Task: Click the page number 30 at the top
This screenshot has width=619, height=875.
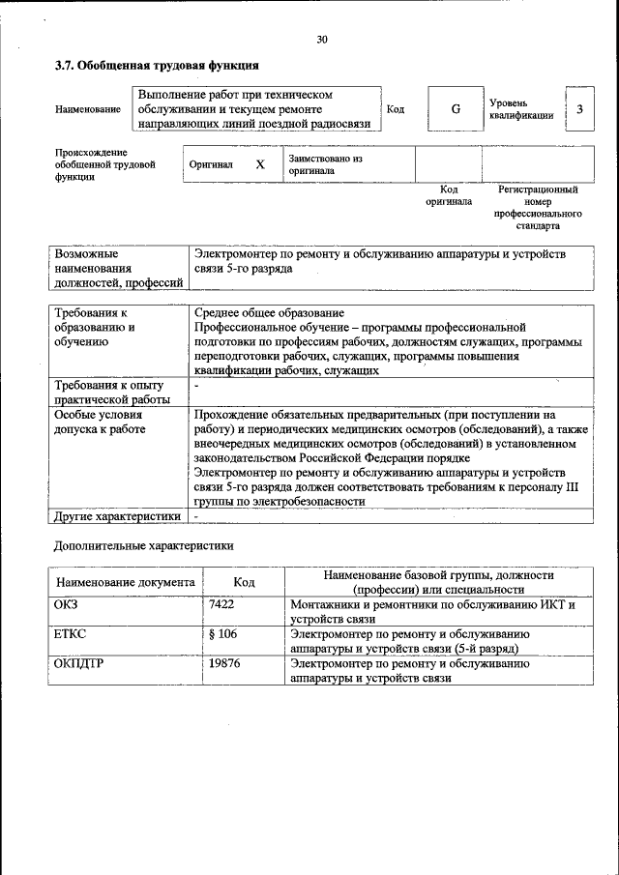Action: click(x=322, y=40)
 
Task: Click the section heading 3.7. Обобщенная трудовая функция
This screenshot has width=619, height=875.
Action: click(x=156, y=66)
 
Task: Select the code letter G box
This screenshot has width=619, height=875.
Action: click(x=455, y=109)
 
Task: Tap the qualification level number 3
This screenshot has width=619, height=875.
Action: click(x=578, y=109)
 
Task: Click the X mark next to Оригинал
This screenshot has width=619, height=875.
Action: click(x=259, y=164)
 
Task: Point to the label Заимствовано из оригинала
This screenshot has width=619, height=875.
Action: click(x=324, y=164)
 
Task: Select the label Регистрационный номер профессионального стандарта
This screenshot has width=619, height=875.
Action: click(x=537, y=208)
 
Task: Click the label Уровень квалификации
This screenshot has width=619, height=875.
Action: click(x=520, y=109)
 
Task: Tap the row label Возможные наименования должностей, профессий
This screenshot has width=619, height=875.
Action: click(x=118, y=268)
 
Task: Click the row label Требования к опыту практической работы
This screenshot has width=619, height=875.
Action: click(x=112, y=392)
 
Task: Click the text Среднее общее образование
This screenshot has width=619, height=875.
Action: click(x=269, y=313)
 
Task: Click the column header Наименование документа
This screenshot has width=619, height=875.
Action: click(x=126, y=583)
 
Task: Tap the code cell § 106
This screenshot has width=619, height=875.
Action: click(x=222, y=634)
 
